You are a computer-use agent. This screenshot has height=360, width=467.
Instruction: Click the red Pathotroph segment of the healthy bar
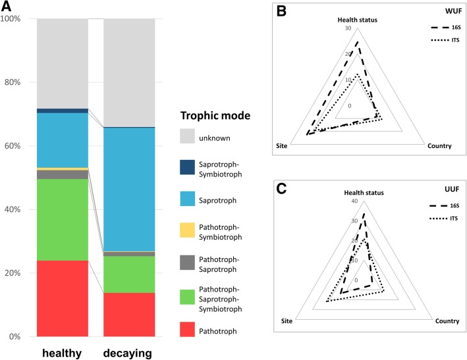63,298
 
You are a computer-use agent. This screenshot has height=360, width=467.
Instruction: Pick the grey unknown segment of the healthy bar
63,63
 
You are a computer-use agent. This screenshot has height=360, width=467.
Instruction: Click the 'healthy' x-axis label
61,353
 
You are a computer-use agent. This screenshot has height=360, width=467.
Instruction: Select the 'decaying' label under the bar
128,353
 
